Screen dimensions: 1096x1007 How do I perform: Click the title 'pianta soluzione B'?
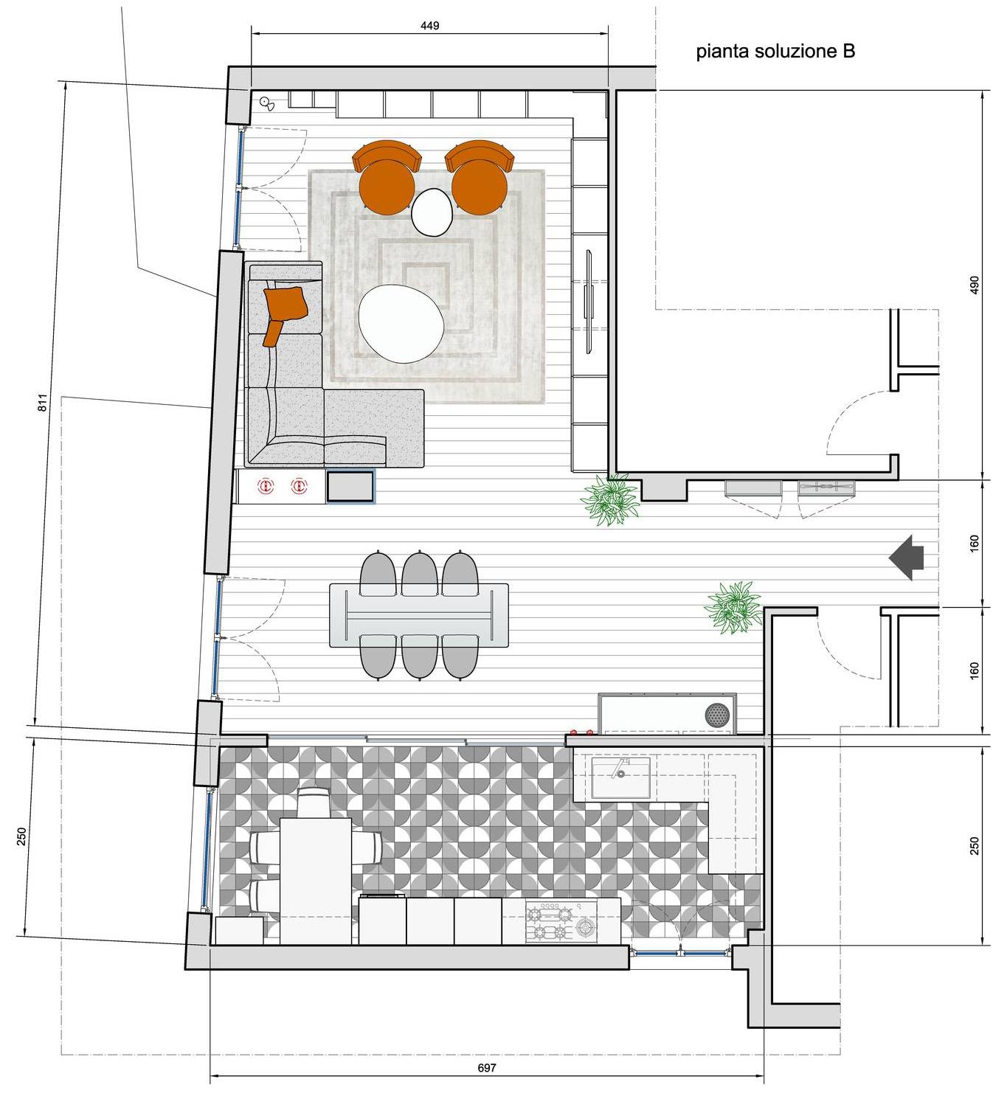point(775,52)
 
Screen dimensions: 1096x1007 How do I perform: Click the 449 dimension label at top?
point(429,26)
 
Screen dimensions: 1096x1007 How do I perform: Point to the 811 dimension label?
point(43,403)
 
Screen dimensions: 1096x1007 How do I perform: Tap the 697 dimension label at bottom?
point(487,1067)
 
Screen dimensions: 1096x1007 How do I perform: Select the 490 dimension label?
point(974,285)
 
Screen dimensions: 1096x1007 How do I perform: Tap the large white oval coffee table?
point(401,323)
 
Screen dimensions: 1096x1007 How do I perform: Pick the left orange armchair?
point(386,178)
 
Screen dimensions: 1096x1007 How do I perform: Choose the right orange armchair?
point(479,178)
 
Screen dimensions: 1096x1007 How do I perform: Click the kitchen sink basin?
point(620,777)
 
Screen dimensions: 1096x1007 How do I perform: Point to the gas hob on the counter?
point(562,921)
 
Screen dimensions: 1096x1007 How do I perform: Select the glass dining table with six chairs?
point(419,614)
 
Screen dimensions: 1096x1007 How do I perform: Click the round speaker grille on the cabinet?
point(716,713)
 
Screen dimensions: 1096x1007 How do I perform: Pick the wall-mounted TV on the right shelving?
point(589,294)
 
